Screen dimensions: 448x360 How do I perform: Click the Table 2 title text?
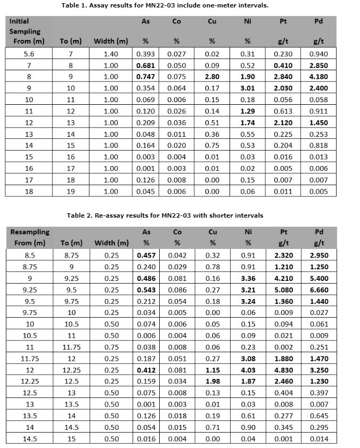pos(165,215)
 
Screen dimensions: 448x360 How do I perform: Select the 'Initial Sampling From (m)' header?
pos(27,31)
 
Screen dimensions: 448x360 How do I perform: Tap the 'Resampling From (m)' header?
pos(29,237)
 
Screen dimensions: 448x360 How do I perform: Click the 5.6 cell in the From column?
pos(29,54)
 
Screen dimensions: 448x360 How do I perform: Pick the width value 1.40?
pos(111,54)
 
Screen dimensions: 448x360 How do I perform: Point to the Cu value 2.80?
pos(212,77)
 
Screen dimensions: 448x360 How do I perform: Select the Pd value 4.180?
pos(318,77)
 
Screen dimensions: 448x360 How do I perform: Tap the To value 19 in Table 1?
pos(70,191)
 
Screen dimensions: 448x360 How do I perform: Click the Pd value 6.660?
pos(318,290)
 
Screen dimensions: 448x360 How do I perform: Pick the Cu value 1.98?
pos(212,381)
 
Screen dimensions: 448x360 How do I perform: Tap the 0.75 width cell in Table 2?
pos(111,347)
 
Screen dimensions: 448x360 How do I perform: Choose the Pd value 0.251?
pos(318,347)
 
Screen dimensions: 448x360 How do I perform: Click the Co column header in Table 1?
pos(176,21)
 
